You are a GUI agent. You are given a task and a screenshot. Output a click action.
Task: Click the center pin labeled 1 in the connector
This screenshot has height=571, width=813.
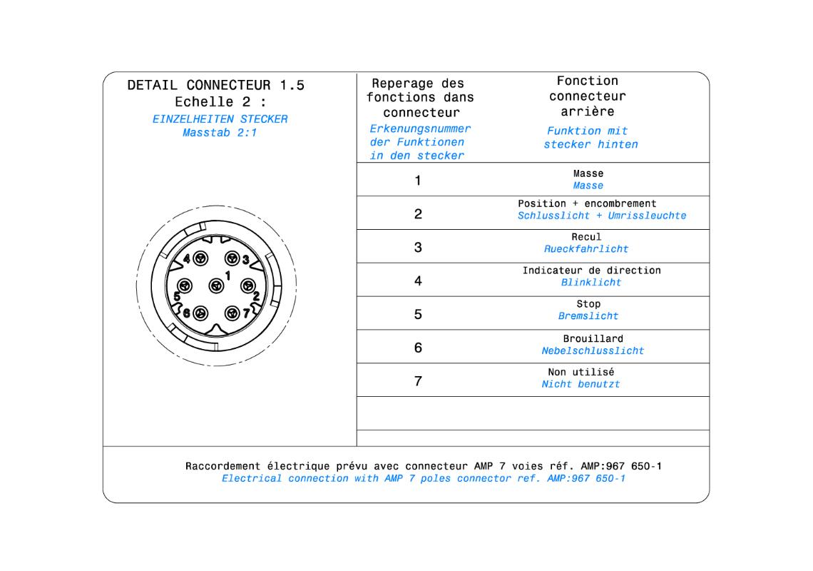(x=215, y=286)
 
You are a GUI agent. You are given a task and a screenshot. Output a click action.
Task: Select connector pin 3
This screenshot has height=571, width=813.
(x=232, y=259)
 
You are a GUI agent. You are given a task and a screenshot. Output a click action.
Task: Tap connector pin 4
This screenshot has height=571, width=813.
(x=200, y=259)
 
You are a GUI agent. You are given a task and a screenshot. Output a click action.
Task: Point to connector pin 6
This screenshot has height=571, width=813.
(x=200, y=313)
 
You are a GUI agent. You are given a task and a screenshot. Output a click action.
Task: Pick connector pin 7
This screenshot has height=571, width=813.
(x=232, y=313)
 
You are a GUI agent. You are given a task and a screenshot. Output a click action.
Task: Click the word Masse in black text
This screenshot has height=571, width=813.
(x=588, y=173)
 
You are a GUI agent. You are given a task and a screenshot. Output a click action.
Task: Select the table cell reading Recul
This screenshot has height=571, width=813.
(x=586, y=237)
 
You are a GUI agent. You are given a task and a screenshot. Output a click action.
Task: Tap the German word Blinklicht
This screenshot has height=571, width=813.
(x=590, y=283)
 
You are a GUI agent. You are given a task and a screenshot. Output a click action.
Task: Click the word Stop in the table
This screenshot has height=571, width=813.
(x=588, y=304)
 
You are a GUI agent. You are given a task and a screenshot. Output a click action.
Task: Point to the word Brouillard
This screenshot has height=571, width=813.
(x=593, y=338)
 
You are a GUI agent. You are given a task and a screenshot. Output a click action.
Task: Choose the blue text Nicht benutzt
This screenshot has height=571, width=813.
(x=581, y=384)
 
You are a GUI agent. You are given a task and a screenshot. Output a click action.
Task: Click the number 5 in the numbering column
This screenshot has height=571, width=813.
(x=418, y=315)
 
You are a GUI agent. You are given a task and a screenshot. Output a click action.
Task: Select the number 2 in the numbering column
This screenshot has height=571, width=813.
(x=418, y=214)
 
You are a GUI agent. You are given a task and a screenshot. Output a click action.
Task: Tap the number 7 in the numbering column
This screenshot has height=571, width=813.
(x=418, y=382)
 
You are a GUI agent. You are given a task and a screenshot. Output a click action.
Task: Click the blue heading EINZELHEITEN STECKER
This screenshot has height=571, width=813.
(x=220, y=119)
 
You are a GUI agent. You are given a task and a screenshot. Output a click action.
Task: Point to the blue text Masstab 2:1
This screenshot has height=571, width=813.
(x=220, y=133)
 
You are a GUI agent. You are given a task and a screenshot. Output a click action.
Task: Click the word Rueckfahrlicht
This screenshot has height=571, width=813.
(x=586, y=249)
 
